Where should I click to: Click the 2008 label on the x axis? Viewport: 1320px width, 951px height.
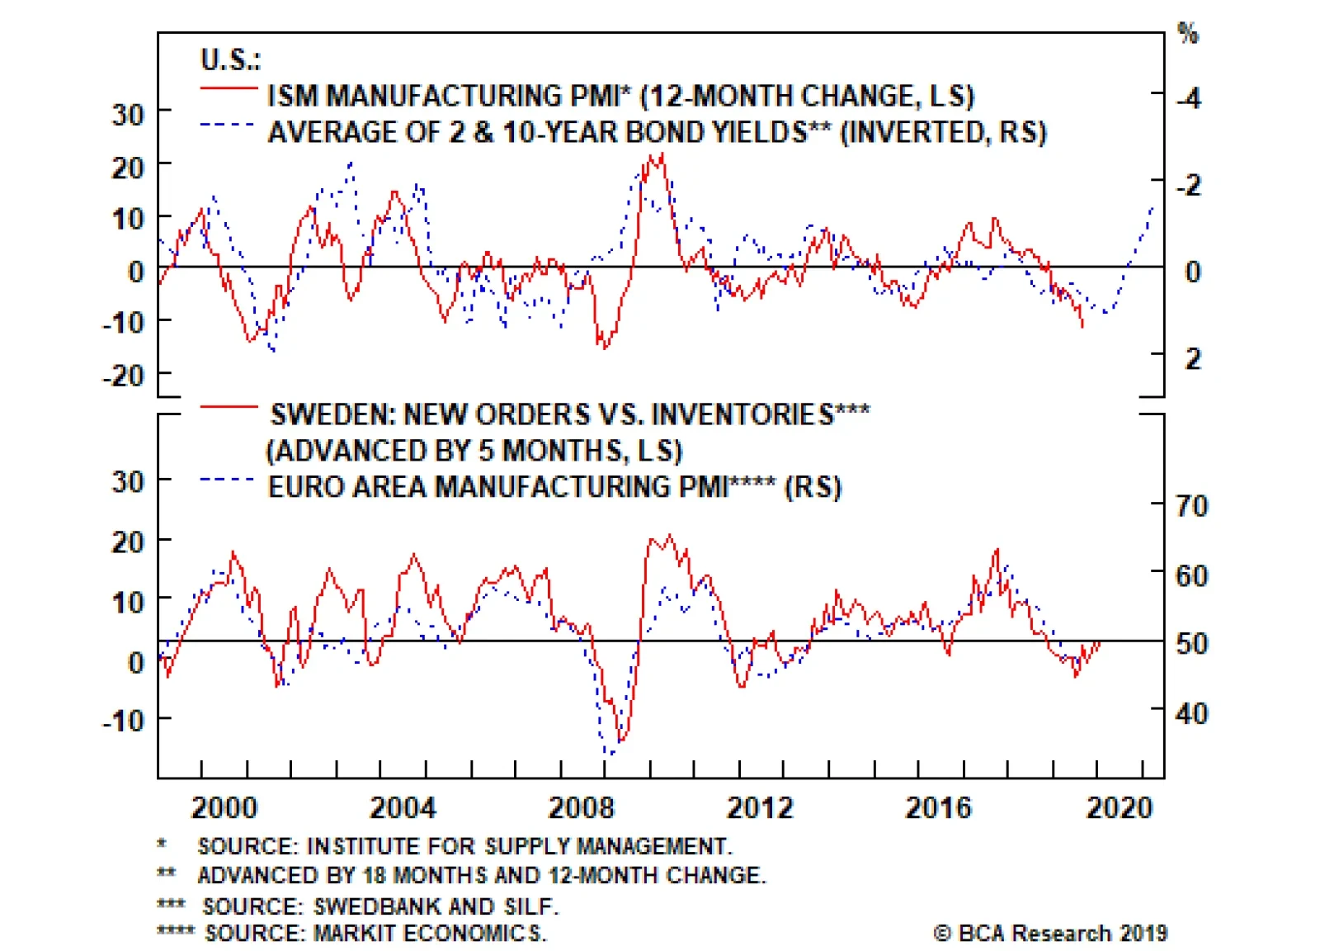(581, 807)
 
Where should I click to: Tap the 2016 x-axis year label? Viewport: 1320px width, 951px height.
(938, 807)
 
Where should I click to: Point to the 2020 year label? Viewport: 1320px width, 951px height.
(1118, 807)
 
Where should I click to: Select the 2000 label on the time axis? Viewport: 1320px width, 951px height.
(224, 807)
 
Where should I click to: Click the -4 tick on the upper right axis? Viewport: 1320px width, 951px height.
(1189, 99)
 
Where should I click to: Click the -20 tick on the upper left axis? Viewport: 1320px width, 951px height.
(124, 376)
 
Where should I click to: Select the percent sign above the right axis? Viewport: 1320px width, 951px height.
(1188, 34)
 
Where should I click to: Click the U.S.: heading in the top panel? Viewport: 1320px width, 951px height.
(230, 59)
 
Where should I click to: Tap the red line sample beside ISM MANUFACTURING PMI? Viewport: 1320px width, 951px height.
(229, 88)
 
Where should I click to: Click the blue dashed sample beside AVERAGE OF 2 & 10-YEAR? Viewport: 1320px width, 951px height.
(227, 125)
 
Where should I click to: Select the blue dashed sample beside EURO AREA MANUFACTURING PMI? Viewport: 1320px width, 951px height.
(227, 479)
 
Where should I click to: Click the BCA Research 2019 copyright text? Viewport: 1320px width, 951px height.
(1051, 934)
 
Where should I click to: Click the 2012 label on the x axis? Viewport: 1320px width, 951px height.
(759, 807)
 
